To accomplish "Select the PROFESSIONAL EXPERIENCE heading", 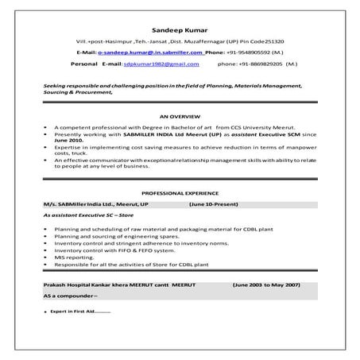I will (x=179, y=193).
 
